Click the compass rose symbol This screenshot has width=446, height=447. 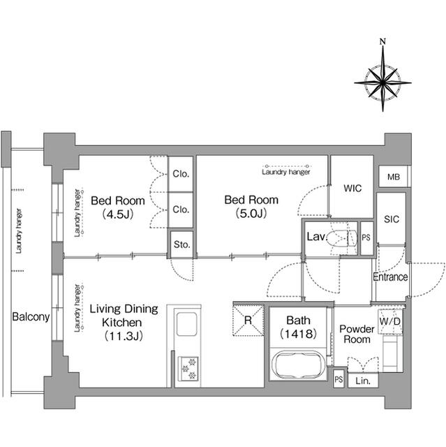(382, 82)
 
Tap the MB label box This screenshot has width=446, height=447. (394, 177)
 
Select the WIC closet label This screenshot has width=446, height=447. (352, 188)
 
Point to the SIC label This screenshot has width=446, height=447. (391, 219)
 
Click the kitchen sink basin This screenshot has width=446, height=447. (187, 324)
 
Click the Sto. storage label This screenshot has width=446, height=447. (182, 244)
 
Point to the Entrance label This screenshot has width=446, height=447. (390, 277)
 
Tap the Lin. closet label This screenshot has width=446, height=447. (362, 381)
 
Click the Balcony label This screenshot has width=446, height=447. (31, 317)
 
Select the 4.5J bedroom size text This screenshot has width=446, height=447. (117, 214)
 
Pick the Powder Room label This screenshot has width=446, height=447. (355, 334)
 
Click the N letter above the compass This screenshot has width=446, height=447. (382, 41)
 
